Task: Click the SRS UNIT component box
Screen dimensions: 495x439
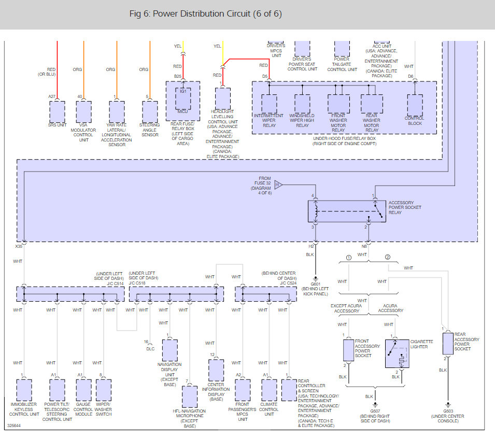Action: click(57, 112)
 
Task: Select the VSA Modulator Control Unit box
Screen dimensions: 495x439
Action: click(83, 112)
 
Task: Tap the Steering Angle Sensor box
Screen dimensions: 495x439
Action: click(150, 112)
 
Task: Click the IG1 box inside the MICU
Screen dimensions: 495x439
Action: click(183, 98)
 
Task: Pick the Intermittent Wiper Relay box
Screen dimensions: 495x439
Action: click(270, 104)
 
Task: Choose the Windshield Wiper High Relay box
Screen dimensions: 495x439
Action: click(302, 104)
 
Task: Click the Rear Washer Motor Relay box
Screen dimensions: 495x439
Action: click(372, 104)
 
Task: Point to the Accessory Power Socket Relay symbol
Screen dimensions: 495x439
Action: click(347, 211)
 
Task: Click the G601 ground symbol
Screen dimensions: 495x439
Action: click(315, 279)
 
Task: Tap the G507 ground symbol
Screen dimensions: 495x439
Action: click(375, 404)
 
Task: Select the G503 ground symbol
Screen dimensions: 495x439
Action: click(448, 404)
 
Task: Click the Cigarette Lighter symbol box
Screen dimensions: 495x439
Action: click(397, 354)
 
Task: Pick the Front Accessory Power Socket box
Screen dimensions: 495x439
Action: click(348, 350)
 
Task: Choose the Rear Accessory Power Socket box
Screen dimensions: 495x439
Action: click(448, 344)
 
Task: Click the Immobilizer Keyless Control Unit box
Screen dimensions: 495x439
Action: click(24, 390)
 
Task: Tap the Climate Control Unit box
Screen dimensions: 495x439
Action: click(270, 390)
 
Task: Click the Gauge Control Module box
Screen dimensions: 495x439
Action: click(83, 390)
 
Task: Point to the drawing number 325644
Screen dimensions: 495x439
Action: click(14, 426)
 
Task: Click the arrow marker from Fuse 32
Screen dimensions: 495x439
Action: click(278, 185)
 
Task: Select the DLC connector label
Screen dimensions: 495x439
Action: click(151, 349)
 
